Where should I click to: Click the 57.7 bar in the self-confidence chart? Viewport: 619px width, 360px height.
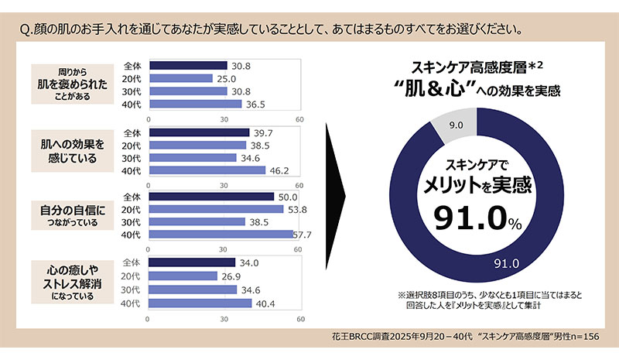220,235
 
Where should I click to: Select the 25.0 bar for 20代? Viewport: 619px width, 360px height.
180,78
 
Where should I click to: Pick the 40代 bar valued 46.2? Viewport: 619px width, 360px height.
206,170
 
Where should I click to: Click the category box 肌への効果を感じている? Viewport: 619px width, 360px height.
71,151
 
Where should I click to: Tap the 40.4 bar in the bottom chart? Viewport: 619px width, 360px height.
199,303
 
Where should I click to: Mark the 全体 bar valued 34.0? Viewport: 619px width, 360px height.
190,262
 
